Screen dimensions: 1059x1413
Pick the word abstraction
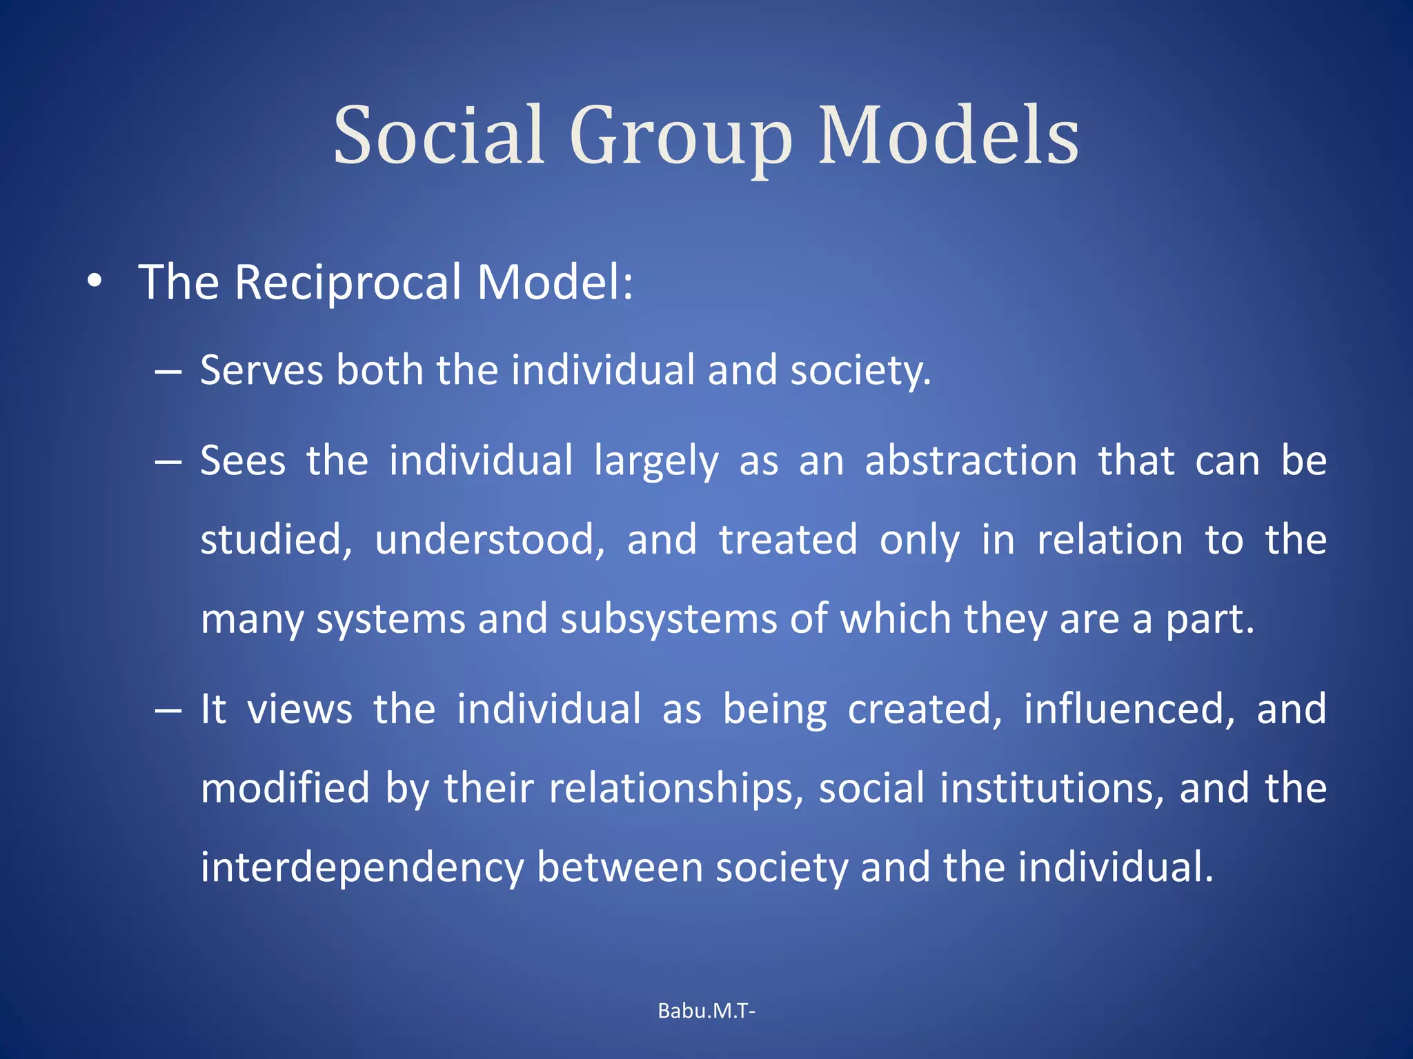(x=971, y=461)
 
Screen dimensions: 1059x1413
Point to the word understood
(x=490, y=539)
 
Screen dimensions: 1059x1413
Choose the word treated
(x=788, y=539)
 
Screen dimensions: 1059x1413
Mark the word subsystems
(x=669, y=619)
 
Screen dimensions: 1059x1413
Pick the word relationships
(x=677, y=789)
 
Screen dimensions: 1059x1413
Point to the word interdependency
(x=362, y=868)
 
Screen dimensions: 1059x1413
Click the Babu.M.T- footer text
(x=706, y=1011)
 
